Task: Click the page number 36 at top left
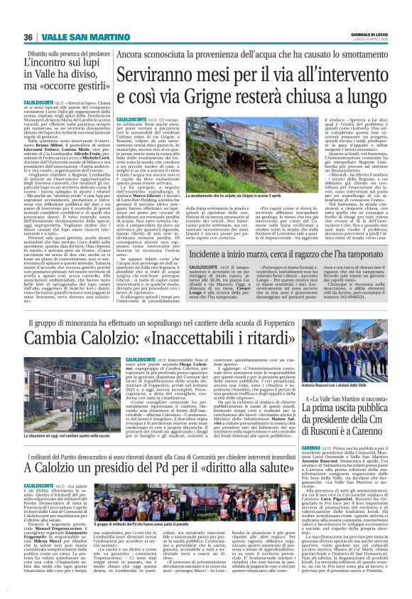pyautogui.click(x=28, y=37)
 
